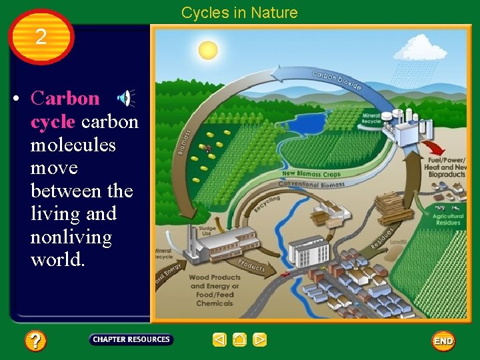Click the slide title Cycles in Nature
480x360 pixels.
coord(239,13)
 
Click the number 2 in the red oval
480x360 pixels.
coord(41,37)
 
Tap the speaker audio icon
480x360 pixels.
coord(125,99)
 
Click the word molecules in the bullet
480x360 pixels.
coord(73,145)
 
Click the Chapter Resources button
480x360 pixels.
coord(131,339)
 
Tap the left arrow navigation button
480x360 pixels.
coord(219,340)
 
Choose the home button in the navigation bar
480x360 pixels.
coord(239,340)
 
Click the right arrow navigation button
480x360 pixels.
coord(260,340)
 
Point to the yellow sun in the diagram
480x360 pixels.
coord(208,50)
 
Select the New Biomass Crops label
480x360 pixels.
coord(311,174)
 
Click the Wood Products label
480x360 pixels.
coord(215,277)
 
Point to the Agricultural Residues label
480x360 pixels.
coord(449,221)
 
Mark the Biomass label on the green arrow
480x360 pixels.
coord(183,141)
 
